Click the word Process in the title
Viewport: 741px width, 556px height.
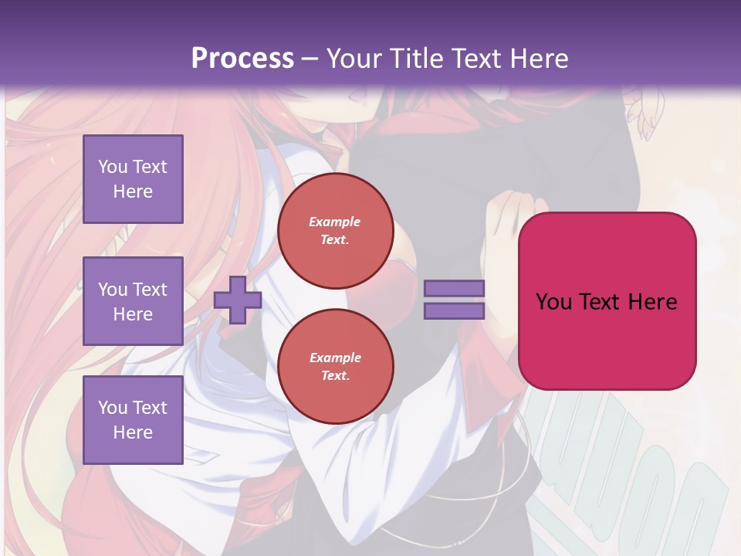[242, 59]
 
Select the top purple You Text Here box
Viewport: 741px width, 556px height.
[133, 179]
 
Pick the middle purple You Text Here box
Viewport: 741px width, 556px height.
[133, 301]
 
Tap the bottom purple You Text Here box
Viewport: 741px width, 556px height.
[133, 420]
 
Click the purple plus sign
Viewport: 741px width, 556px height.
[238, 300]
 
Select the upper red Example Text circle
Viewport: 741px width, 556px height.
[335, 231]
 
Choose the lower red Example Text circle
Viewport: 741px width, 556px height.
[335, 367]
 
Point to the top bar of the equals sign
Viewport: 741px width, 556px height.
[454, 289]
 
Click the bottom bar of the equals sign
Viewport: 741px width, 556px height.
[454, 311]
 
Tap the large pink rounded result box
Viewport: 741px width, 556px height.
[607, 340]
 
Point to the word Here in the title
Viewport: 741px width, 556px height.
[539, 59]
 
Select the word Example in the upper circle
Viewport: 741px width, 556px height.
[335, 222]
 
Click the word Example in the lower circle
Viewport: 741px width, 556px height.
[335, 358]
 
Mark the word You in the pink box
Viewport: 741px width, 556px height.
[553, 302]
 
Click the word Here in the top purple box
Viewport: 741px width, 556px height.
[133, 192]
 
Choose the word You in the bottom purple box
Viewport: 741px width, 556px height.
[113, 408]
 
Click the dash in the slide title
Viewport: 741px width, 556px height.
[310, 59]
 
